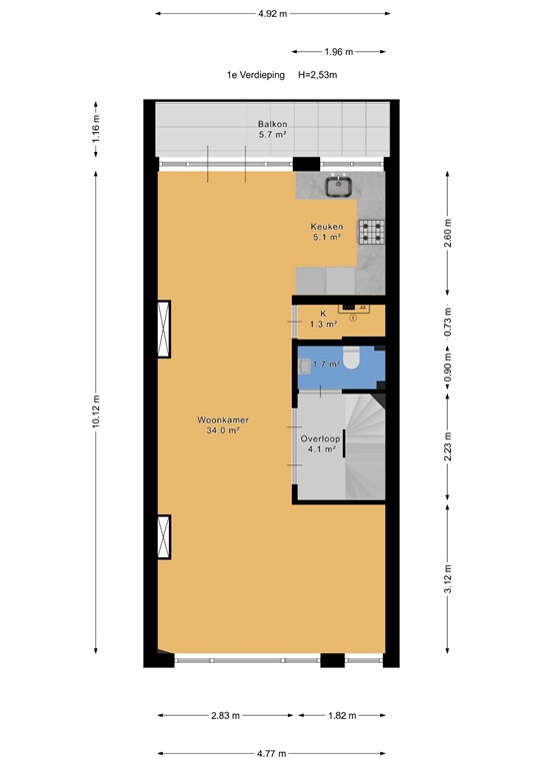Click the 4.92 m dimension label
(271, 14)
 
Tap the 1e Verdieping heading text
(255, 75)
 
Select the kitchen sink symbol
(339, 184)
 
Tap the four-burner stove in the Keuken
(372, 233)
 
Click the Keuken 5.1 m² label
(325, 233)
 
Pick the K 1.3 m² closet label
(323, 319)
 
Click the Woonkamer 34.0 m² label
(222, 426)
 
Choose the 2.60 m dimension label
(448, 233)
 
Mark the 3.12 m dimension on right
(448, 577)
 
